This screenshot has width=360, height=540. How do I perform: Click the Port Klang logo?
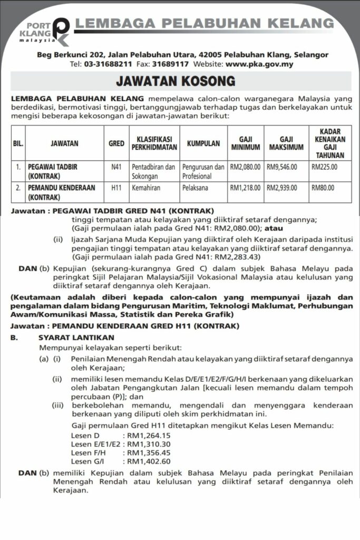(45, 32)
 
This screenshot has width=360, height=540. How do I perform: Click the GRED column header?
(116, 143)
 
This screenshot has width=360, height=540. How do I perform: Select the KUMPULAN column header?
(203, 143)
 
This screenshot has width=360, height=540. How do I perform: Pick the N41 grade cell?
(116, 167)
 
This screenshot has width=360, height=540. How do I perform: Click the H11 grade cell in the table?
(116, 188)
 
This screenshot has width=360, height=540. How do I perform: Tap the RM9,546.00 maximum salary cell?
(282, 167)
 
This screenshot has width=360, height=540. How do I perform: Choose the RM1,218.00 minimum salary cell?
(245, 188)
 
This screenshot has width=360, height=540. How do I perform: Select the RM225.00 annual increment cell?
(324, 167)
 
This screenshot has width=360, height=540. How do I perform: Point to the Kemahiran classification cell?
(145, 188)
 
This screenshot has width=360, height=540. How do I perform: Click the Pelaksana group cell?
(196, 188)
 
